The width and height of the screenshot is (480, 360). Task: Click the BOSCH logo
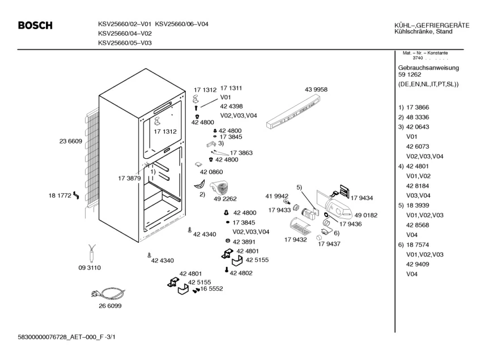click(35, 26)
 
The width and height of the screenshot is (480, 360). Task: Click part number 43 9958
click(316, 90)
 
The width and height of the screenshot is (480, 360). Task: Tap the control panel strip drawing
click(293, 112)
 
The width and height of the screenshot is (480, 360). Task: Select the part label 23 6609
click(71, 141)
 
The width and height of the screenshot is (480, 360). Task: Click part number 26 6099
click(110, 306)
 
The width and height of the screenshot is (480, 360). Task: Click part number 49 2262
click(225, 199)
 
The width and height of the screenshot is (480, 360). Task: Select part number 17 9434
click(362, 198)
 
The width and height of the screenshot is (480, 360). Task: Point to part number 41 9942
click(277, 196)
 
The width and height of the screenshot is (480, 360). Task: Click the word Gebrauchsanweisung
click(428, 67)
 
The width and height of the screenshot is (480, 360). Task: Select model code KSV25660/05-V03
click(125, 43)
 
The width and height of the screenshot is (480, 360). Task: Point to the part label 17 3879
click(130, 179)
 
